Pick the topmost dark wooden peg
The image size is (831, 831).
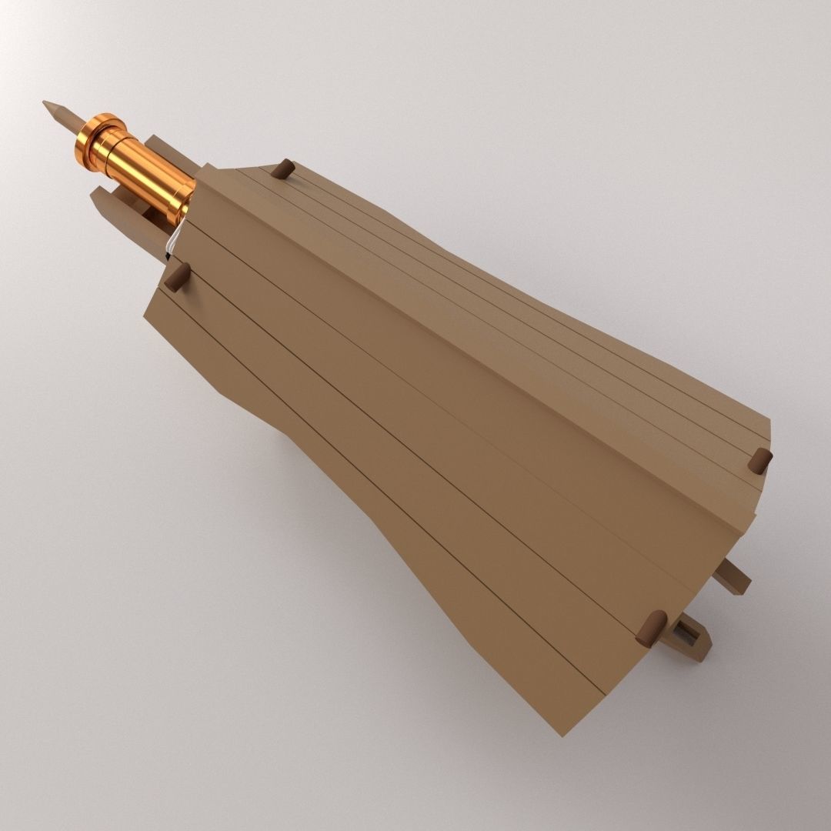[x=283, y=169]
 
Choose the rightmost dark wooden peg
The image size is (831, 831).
[x=760, y=461]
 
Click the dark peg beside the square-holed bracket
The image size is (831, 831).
[x=651, y=628]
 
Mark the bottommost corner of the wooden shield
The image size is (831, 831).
[x=564, y=734]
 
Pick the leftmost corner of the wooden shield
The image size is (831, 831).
[x=145, y=314]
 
